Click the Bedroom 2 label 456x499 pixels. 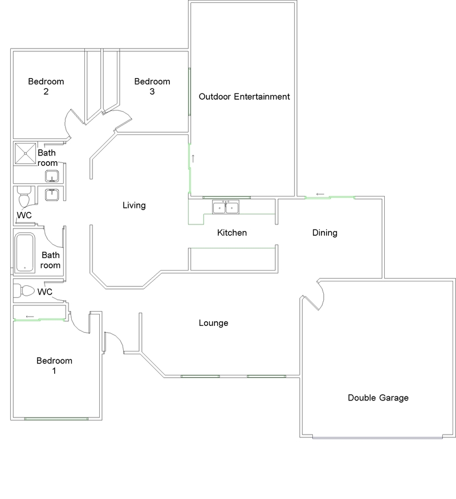point(46,86)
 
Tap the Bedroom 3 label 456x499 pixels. point(152,86)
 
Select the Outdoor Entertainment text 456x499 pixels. point(244,96)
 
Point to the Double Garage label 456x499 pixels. point(378,398)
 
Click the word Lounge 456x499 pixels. point(213,323)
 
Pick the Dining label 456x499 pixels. point(325,232)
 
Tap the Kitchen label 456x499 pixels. point(232,232)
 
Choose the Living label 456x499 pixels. point(134,205)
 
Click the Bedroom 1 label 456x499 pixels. point(54,366)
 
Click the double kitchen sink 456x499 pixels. point(226,207)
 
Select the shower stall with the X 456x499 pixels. point(25,154)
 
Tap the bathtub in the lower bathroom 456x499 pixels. point(25,253)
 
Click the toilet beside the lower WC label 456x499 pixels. point(25,291)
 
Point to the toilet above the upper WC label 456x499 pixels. point(24,197)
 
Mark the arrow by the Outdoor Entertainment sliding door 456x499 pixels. point(193,158)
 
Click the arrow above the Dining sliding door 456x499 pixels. point(320,194)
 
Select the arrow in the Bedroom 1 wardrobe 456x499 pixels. point(30,316)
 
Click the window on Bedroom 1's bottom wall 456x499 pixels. point(56,419)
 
